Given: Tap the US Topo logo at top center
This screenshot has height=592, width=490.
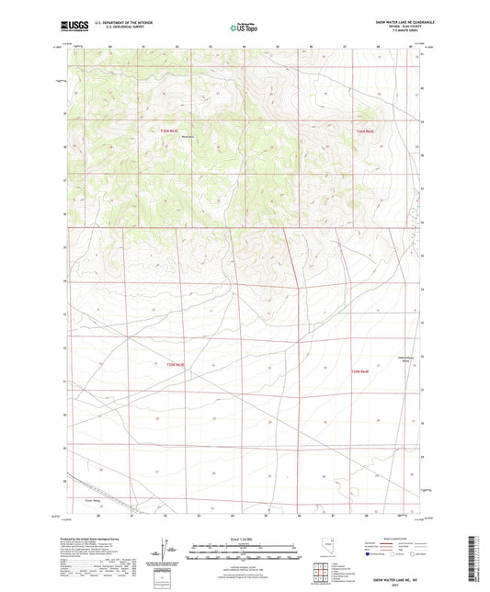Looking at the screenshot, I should [244, 27].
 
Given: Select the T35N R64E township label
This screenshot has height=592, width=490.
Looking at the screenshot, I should [359, 370].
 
